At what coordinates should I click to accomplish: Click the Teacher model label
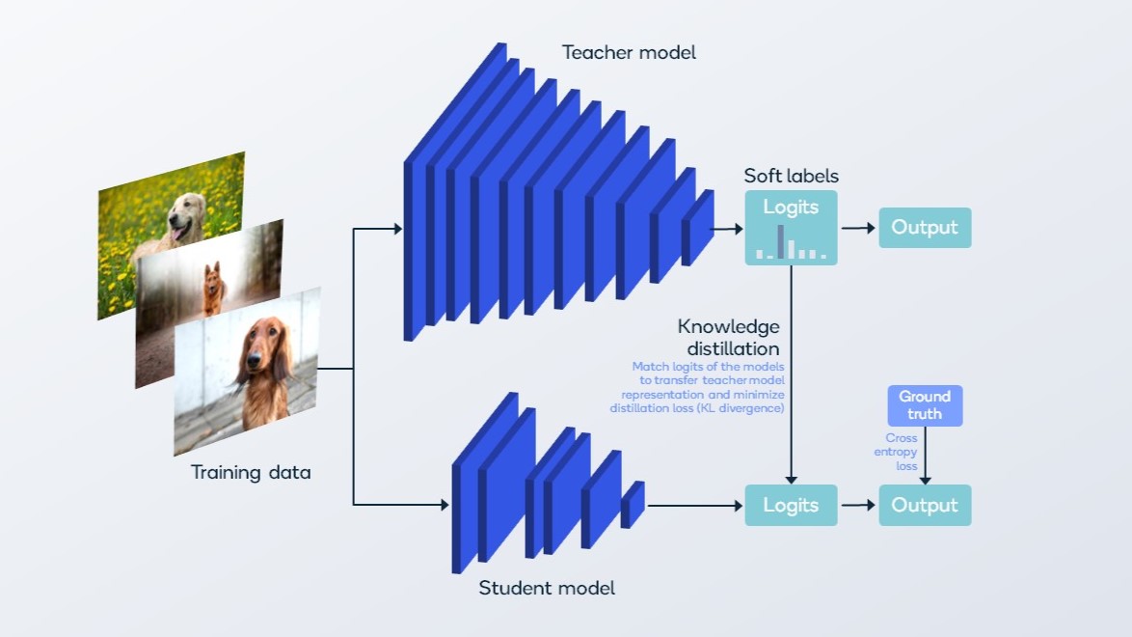coord(629,53)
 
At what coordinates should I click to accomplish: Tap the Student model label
coord(546,588)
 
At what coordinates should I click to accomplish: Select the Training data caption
coord(251,473)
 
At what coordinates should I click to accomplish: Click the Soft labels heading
coord(791,176)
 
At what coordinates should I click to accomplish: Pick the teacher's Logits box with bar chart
coord(791,228)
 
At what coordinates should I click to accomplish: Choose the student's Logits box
coord(791,505)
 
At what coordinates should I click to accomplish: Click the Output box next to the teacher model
coord(925,228)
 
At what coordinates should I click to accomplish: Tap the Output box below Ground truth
coord(925,505)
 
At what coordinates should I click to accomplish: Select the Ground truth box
coord(925,405)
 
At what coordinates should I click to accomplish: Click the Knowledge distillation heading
coord(729,337)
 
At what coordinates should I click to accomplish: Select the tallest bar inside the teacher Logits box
coord(780,241)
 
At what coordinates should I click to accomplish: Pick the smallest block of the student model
coord(633,505)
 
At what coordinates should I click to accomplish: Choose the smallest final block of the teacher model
coord(698,228)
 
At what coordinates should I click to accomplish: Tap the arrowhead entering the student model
coord(445,504)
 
